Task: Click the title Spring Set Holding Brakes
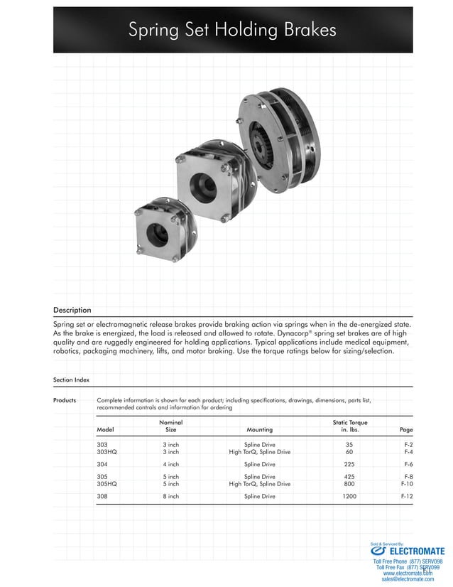[x=232, y=30]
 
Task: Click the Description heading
[x=72, y=310]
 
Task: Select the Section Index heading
[x=71, y=380]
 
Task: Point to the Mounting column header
[x=259, y=430]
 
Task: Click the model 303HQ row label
[x=107, y=452]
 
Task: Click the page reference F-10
[x=405, y=484]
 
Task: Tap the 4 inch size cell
[x=170, y=464]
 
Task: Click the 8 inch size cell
[x=170, y=496]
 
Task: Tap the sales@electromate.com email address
[x=408, y=579]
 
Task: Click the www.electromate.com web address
[x=408, y=573]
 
